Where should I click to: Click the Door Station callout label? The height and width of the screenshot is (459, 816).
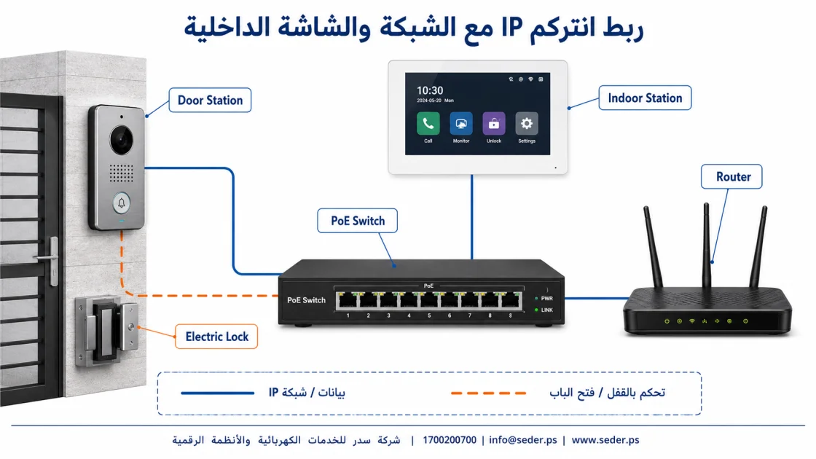pyautogui.click(x=211, y=100)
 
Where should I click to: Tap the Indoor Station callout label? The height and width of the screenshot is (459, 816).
pyautogui.click(x=645, y=98)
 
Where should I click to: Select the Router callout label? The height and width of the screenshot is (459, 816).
pyautogui.click(x=731, y=176)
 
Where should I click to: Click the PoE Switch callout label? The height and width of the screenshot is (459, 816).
pyautogui.click(x=358, y=221)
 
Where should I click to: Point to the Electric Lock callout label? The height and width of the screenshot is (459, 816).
pyautogui.click(x=216, y=337)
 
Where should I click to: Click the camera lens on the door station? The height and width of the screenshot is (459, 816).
pyautogui.click(x=121, y=140)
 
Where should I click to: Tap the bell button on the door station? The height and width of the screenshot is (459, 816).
pyautogui.click(x=121, y=203)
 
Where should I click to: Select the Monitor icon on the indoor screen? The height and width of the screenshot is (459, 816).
pyautogui.click(x=461, y=124)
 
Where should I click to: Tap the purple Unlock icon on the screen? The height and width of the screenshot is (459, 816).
pyautogui.click(x=494, y=124)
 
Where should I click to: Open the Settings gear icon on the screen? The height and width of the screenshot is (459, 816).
pyautogui.click(x=527, y=124)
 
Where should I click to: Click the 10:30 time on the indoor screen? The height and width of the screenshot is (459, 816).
pyautogui.click(x=430, y=90)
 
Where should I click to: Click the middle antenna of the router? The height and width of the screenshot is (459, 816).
pyautogui.click(x=706, y=245)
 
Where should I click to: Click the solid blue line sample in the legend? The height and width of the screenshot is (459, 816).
pyautogui.click(x=217, y=393)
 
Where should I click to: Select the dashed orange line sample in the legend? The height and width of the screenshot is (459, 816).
pyautogui.click(x=488, y=393)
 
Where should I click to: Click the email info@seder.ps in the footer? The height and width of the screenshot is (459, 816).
pyautogui.click(x=522, y=440)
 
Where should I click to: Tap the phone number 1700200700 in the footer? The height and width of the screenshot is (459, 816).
pyautogui.click(x=449, y=440)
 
